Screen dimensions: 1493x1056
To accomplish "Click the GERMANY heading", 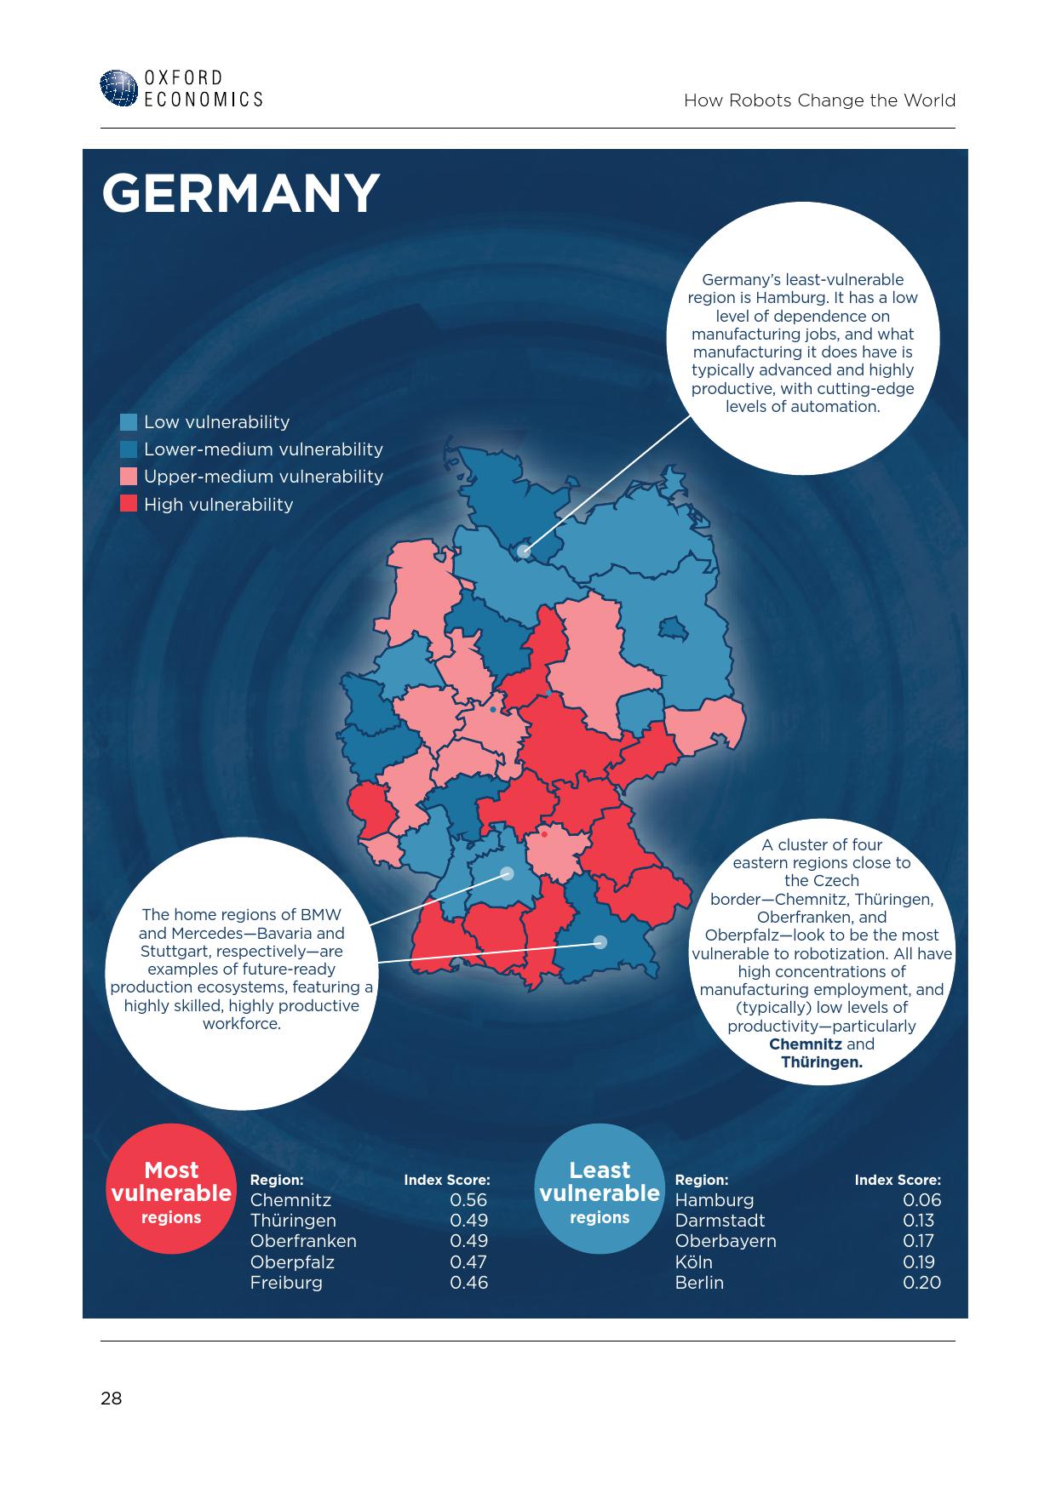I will [240, 193].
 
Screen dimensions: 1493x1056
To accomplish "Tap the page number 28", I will [112, 1399].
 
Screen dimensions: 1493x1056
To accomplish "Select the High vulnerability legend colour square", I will [129, 504].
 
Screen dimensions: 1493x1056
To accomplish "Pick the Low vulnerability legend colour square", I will [129, 422].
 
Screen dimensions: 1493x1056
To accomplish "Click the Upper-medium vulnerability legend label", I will [263, 477].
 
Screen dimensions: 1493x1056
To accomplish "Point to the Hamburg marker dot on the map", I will [524, 552].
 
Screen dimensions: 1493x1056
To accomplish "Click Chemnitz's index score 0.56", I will [468, 1200].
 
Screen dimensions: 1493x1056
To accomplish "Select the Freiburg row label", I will [286, 1283].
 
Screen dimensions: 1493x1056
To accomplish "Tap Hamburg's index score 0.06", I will [921, 1200].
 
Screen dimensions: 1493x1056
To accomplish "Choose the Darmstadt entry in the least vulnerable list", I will [720, 1221].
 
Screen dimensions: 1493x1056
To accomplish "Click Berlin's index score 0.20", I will [921, 1283].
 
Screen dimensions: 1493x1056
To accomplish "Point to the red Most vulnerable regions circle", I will [171, 1190].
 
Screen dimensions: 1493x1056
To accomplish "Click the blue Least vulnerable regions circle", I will [600, 1190].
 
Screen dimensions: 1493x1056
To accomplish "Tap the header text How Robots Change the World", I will [819, 100].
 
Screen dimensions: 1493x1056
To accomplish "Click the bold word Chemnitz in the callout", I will [805, 1044].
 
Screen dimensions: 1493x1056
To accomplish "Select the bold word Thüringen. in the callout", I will [822, 1062].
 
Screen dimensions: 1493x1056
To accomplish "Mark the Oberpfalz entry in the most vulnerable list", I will [292, 1262].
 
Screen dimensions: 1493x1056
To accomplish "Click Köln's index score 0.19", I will [919, 1262].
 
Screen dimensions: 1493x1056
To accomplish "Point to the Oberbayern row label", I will [726, 1241].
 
